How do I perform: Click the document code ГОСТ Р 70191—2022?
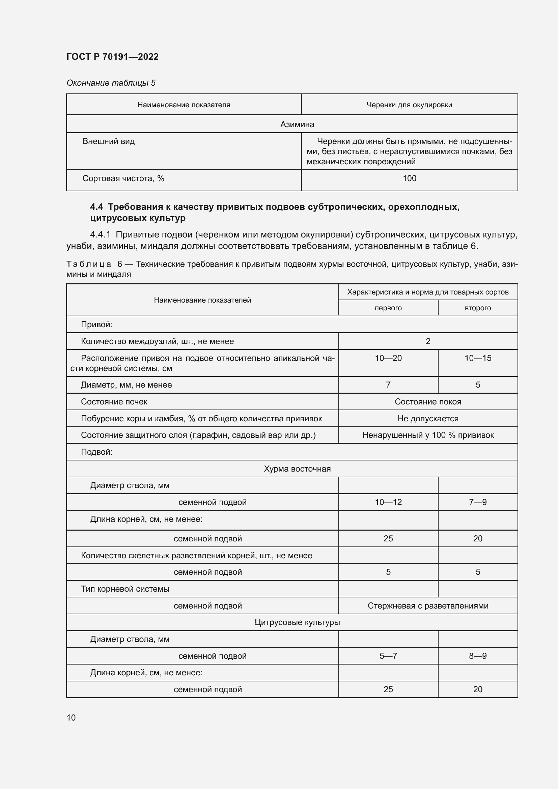pyautogui.click(x=112, y=57)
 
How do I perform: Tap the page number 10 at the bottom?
pyautogui.click(x=71, y=717)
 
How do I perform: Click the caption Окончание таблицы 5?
pyautogui.click(x=111, y=83)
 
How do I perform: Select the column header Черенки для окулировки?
pyautogui.click(x=409, y=105)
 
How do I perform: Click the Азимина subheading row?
pyautogui.click(x=297, y=124)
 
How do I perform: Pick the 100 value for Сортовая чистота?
pyautogui.click(x=409, y=178)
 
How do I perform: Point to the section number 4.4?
pyautogui.click(x=96, y=207)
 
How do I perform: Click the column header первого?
pyautogui.click(x=388, y=308)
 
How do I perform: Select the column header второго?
pyautogui.click(x=478, y=308)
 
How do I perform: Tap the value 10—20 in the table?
pyautogui.click(x=388, y=358)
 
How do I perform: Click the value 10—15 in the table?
pyautogui.click(x=478, y=358)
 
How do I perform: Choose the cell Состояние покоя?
pyautogui.click(x=428, y=402)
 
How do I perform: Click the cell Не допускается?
pyautogui.click(x=428, y=419)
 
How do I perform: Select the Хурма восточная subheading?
pyautogui.click(x=297, y=469)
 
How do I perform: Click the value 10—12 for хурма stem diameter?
pyautogui.click(x=388, y=502)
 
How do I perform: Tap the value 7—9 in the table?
pyautogui.click(x=478, y=502)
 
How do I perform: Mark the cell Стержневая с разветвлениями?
pyautogui.click(x=428, y=605)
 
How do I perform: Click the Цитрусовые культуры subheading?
pyautogui.click(x=297, y=622)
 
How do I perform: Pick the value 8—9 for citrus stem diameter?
pyautogui.click(x=478, y=656)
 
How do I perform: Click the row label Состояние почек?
pyautogui.click(x=114, y=402)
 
